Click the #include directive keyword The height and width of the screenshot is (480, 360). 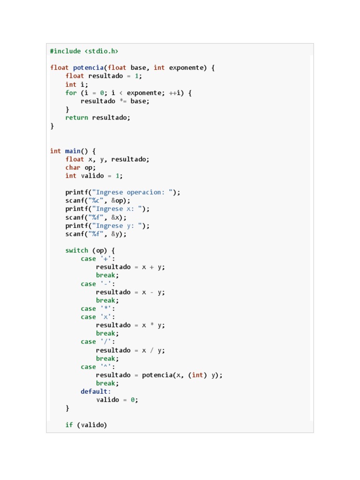(65, 51)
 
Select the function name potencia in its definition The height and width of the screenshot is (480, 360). (88, 67)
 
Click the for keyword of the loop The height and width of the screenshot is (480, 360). (71, 93)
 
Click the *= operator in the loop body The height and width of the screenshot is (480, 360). (123, 101)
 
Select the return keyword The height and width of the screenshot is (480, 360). (76, 118)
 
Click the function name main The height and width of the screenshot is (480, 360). (73, 151)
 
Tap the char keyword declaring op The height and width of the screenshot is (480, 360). (73, 167)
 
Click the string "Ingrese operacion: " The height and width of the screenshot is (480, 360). (132, 192)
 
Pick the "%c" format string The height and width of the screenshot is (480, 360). (96, 201)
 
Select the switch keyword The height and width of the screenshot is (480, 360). (76, 250)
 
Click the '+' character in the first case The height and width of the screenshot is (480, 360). (105, 259)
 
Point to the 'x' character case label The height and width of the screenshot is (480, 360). (105, 317)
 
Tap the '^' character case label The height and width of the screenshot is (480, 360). (105, 367)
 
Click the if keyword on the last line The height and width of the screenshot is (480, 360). (69, 425)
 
